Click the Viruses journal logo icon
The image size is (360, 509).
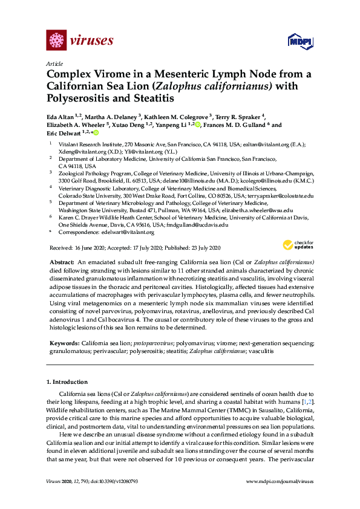click(56, 41)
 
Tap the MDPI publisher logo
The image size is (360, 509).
click(300, 42)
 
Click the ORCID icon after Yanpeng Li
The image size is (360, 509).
click(197, 125)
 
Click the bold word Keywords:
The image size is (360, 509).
click(64, 343)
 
